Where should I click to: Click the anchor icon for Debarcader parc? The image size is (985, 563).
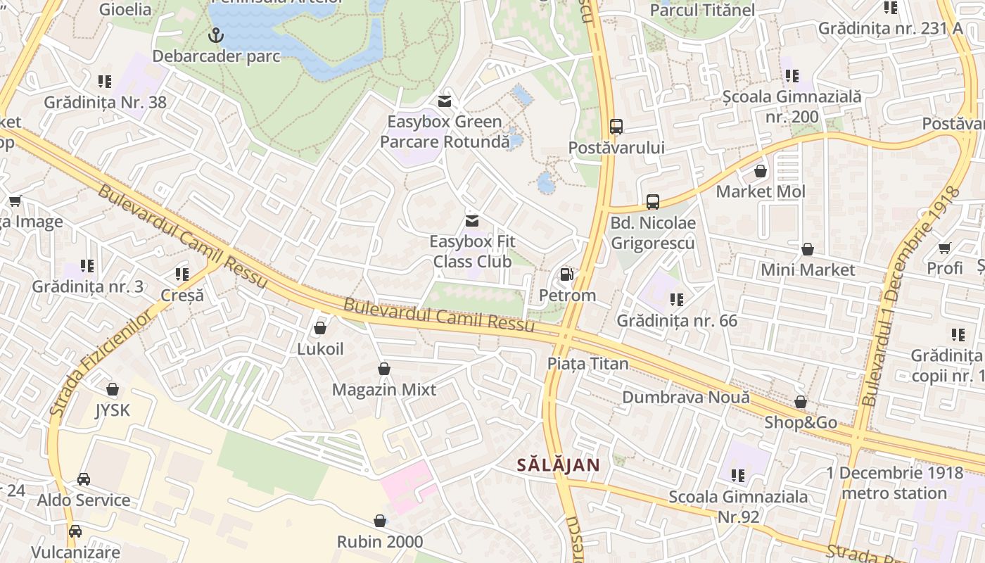click(216, 34)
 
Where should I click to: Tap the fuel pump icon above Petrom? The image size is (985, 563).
click(566, 274)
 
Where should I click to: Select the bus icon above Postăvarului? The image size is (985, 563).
click(616, 127)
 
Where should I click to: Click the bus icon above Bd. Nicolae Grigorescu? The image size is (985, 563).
click(653, 202)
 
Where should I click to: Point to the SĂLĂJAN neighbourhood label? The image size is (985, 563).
click(559, 464)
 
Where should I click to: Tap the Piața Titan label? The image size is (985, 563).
click(588, 364)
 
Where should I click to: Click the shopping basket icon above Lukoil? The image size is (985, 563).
click(320, 328)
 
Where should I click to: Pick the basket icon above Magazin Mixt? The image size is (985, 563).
click(384, 369)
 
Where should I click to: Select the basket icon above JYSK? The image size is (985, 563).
click(113, 389)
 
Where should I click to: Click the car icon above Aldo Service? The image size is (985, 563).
click(84, 479)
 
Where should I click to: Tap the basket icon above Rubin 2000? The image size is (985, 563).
click(380, 521)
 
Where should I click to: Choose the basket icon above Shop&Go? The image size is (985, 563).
click(801, 402)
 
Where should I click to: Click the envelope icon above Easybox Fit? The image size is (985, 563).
click(472, 221)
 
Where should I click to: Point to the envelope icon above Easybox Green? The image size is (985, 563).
click(444, 101)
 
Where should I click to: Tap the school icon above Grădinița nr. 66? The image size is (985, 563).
click(677, 300)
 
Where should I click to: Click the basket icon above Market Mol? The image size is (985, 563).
click(761, 171)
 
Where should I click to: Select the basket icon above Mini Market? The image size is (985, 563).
click(808, 249)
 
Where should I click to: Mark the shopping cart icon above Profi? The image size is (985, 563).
click(944, 248)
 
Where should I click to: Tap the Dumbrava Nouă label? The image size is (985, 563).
click(686, 397)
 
